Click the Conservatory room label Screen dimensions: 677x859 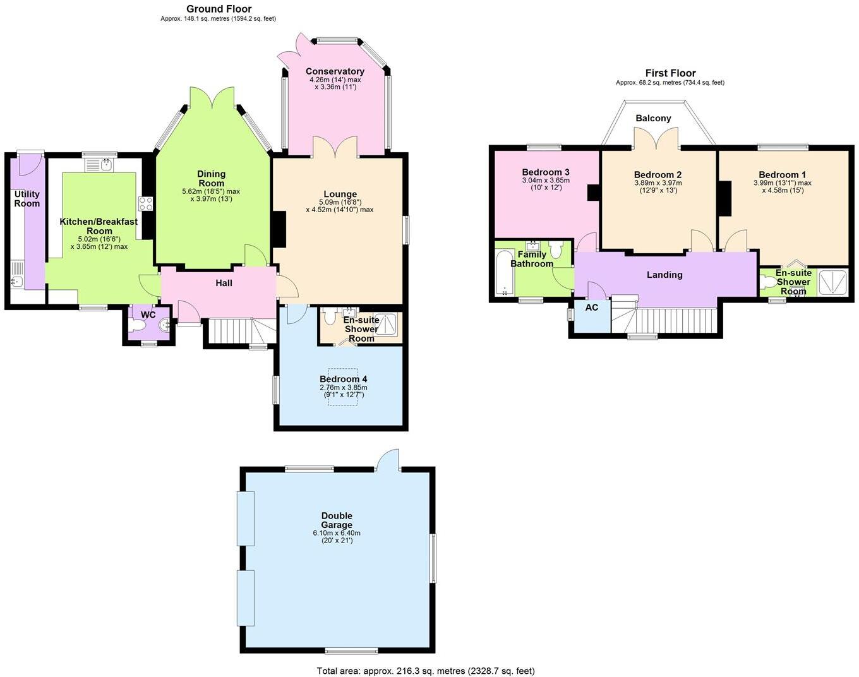tap(335, 71)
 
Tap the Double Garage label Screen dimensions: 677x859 tap(337, 520)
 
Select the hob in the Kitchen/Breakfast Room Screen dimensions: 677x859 tap(146, 203)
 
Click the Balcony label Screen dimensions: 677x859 tap(653, 118)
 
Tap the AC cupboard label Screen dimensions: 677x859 tap(591, 308)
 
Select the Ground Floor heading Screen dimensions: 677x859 tap(219, 9)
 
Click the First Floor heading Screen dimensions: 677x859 tap(670, 73)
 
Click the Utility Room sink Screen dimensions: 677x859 tap(17, 281)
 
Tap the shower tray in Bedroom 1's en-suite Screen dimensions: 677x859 tap(832, 282)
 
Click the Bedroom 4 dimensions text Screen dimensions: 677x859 tap(343, 391)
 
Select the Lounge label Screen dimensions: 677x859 tap(340, 194)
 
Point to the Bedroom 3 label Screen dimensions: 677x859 tap(546, 172)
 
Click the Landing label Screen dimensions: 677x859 tap(664, 275)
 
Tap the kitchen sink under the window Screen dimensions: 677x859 tap(100, 165)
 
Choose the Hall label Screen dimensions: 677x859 tap(224, 283)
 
